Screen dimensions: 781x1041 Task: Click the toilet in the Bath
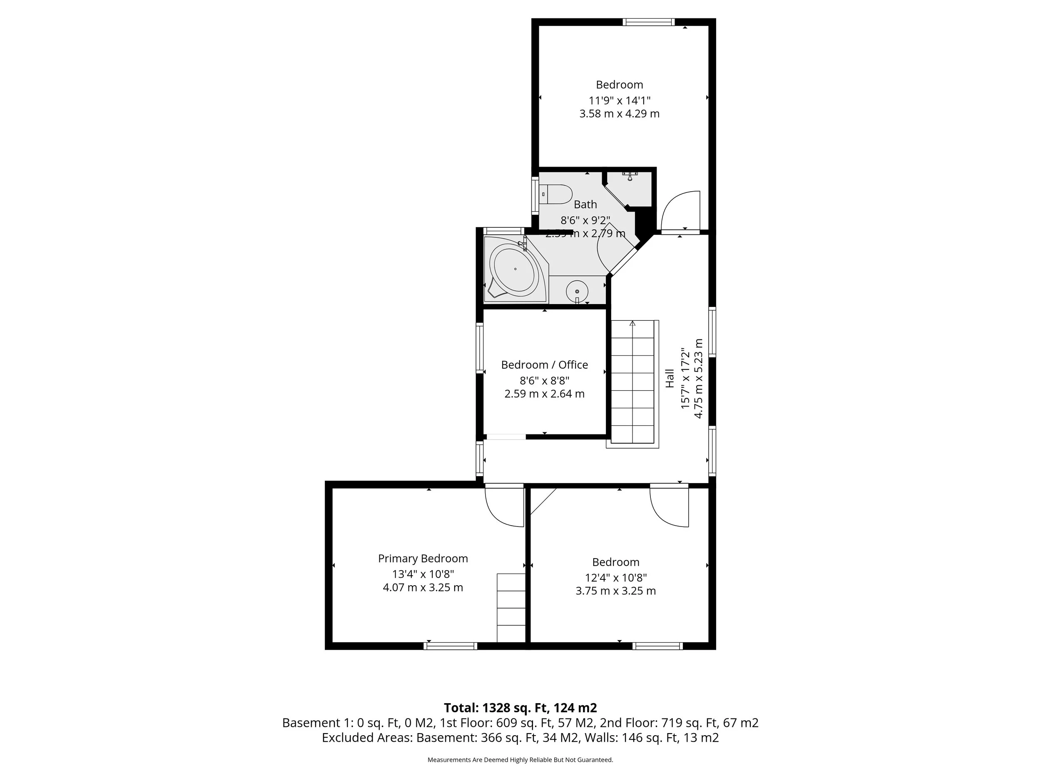click(557, 194)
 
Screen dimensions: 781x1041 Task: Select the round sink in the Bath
click(577, 291)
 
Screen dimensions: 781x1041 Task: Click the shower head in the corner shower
click(630, 177)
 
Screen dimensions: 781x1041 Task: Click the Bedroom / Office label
click(544, 364)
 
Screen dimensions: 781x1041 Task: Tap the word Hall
click(670, 378)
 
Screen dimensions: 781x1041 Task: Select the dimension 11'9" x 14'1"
click(619, 100)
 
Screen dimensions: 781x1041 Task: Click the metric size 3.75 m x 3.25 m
click(615, 591)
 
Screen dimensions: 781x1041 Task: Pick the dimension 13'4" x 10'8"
click(423, 574)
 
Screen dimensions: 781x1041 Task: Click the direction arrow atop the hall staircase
click(633, 323)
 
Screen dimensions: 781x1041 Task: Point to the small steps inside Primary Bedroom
click(511, 607)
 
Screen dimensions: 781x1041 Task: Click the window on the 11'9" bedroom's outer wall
click(648, 22)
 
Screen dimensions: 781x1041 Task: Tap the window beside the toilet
click(535, 195)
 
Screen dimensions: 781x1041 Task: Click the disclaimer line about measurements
click(520, 759)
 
